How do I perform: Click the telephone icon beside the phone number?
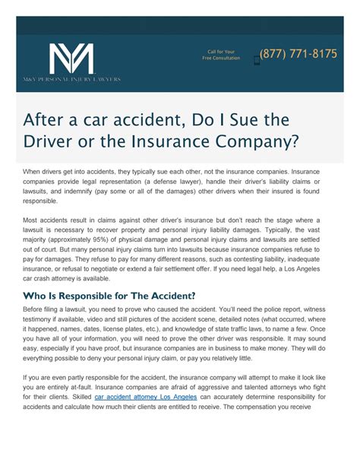tap(255, 55)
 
